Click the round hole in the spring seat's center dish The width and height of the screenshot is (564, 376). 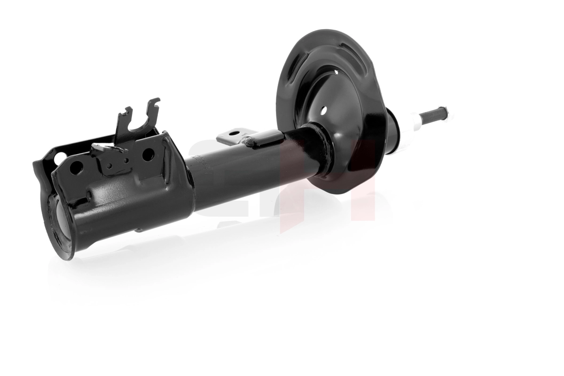click(323, 111)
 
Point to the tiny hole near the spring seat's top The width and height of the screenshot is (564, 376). click(337, 71)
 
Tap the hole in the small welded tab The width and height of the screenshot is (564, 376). click(234, 133)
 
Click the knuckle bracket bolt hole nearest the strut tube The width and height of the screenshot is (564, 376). click(148, 154)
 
